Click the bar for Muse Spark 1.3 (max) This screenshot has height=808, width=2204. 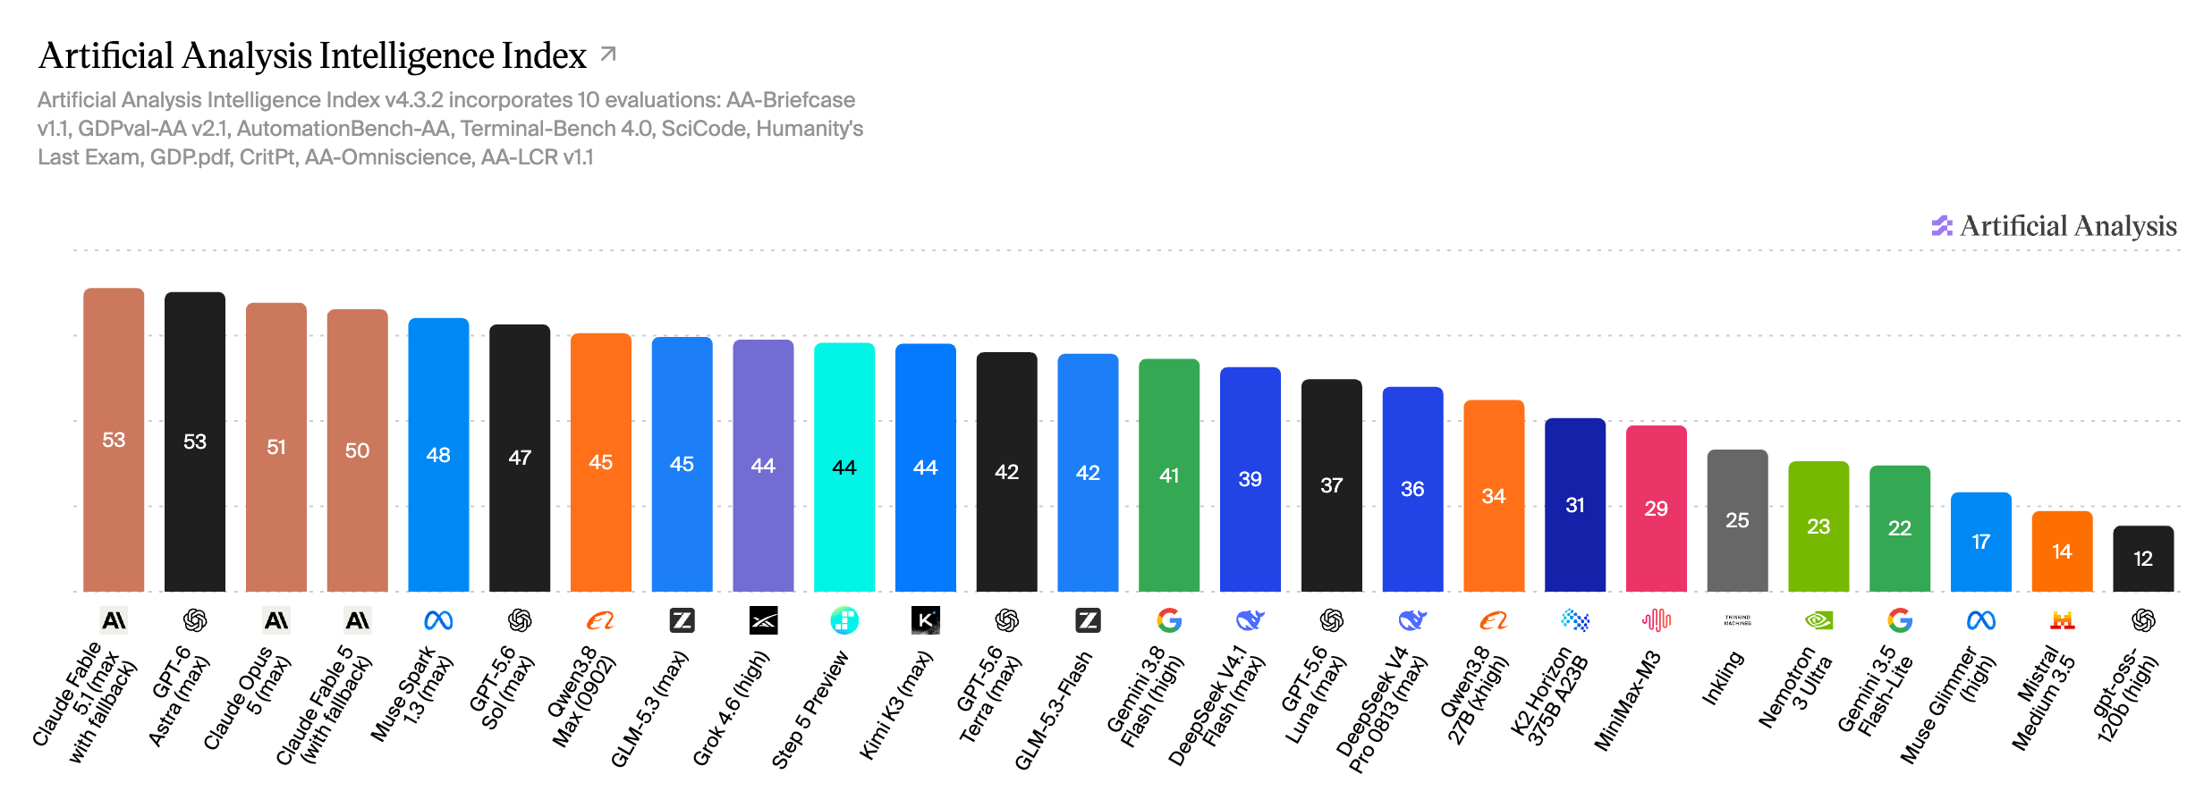[438, 454]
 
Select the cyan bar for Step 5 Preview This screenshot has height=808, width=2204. [844, 467]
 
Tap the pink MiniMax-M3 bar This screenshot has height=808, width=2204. [1656, 509]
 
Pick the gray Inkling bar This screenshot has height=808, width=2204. [1737, 520]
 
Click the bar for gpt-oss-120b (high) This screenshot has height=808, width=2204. [2143, 559]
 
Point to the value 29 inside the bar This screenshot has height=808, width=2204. [1656, 509]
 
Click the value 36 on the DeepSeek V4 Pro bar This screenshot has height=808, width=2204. [1412, 489]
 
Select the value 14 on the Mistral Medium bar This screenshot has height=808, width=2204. [2062, 551]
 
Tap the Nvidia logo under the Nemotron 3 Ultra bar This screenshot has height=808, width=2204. [1818, 620]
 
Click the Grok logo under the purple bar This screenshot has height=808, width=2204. [763, 620]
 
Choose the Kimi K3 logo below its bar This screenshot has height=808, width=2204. [926, 620]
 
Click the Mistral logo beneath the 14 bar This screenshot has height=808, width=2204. [2062, 620]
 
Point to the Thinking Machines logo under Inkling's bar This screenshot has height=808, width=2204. [1737, 620]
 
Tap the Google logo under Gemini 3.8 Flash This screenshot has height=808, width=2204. [1169, 620]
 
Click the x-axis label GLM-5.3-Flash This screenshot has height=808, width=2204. [1055, 710]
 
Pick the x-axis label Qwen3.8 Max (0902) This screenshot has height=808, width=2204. [581, 695]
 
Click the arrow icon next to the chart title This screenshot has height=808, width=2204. [608, 55]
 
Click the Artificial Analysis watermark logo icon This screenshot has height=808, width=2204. [1942, 226]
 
